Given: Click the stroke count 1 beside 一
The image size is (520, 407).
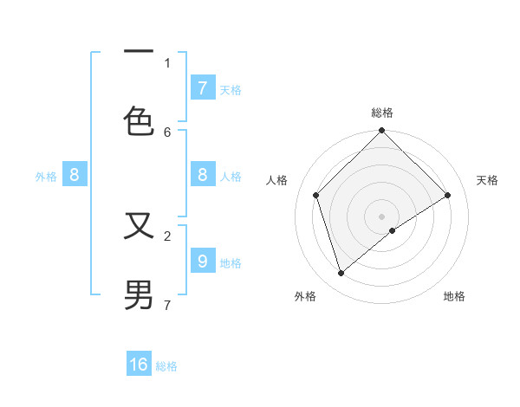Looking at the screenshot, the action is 167,62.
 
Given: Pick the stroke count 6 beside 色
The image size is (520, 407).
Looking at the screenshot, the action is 167,132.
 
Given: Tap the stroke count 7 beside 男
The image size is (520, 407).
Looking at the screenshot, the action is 167,305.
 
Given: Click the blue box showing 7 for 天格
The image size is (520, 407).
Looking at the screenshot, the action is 203,87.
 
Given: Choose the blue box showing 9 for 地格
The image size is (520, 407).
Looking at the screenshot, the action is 203,261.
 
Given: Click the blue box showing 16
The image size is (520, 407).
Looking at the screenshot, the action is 139,365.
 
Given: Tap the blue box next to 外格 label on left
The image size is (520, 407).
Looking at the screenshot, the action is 75,175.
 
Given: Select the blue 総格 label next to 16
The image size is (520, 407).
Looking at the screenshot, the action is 166,366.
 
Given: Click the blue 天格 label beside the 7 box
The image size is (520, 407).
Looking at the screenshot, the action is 231,89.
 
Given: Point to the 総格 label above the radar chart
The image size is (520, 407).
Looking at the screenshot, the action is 382,113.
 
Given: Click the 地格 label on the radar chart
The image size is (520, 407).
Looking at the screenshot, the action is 454,296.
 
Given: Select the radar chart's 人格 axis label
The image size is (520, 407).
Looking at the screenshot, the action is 277,180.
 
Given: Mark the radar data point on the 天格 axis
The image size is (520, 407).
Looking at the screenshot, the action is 448,195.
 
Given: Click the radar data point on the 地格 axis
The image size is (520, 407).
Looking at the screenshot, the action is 393,230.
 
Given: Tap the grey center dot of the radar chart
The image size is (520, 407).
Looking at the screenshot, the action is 382,216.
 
